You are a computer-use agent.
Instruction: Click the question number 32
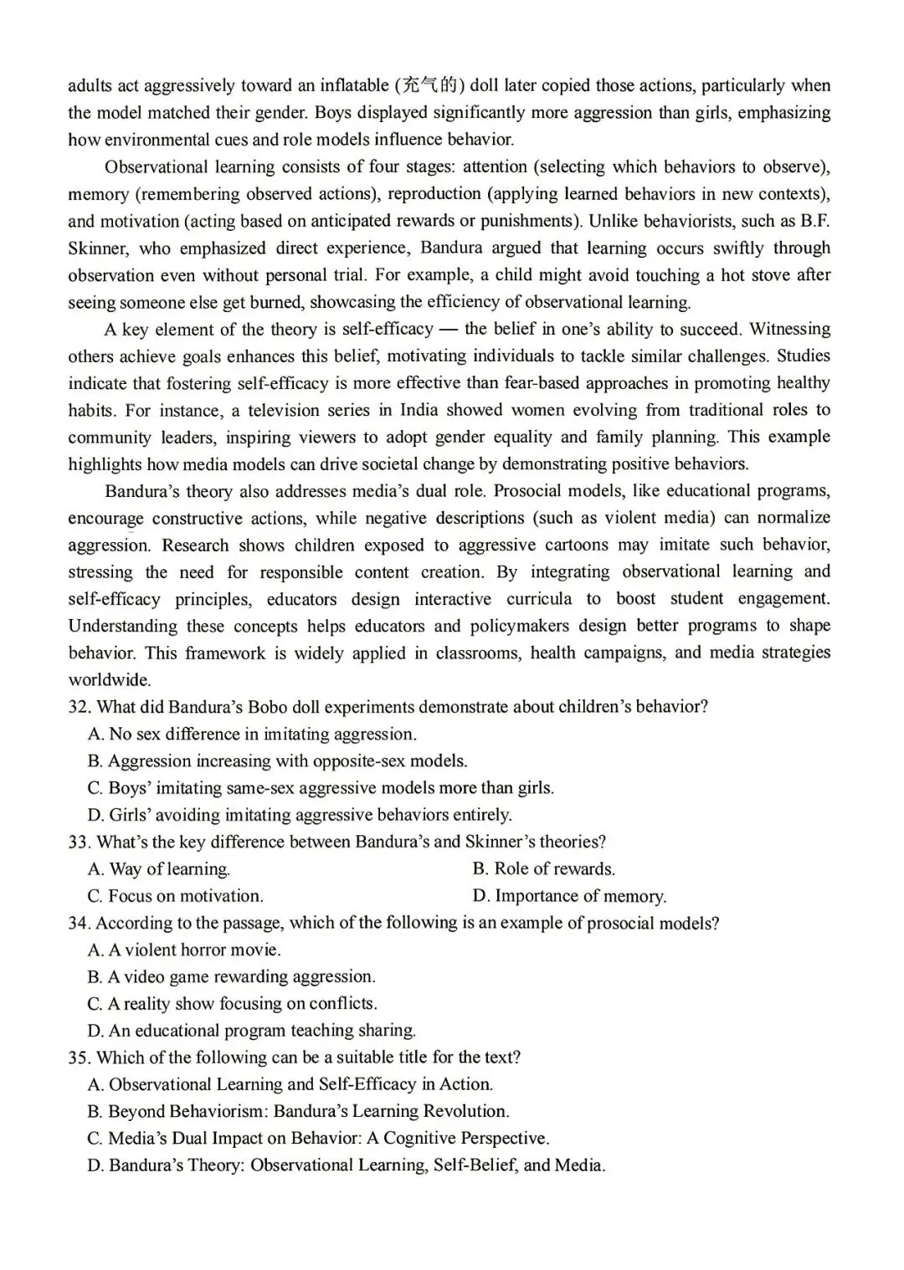coord(79,707)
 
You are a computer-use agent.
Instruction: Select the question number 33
coord(79,842)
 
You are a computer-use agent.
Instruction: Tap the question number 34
coord(79,923)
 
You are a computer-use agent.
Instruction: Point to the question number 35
coord(79,1057)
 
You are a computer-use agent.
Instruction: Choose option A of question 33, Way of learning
coord(159,869)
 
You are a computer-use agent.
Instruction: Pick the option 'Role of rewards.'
coord(543,869)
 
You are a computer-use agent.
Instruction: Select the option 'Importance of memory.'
coord(569,896)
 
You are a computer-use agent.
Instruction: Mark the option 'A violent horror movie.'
coord(184,950)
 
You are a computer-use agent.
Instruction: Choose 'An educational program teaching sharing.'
coord(251,1031)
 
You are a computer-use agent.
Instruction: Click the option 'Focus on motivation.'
coord(175,896)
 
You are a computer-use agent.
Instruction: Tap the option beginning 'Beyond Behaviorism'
coord(298,1112)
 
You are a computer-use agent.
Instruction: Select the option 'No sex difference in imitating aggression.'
coord(252,735)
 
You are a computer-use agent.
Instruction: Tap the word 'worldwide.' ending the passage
coord(110,680)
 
